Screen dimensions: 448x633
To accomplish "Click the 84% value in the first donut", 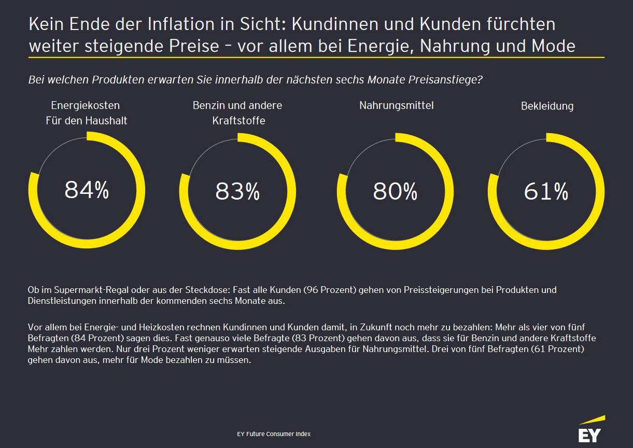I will (87, 190).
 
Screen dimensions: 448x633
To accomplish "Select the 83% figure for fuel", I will (237, 192).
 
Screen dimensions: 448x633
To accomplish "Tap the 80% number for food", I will (395, 192).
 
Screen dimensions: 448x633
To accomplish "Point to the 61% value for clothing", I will (546, 192).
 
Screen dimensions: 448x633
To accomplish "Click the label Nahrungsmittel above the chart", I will (396, 105).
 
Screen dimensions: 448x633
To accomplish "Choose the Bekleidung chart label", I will (547, 106).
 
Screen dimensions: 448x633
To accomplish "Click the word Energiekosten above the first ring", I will (85, 105).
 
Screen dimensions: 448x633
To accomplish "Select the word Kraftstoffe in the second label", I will (238, 121).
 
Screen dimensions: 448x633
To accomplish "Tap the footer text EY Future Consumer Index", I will (273, 433).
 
